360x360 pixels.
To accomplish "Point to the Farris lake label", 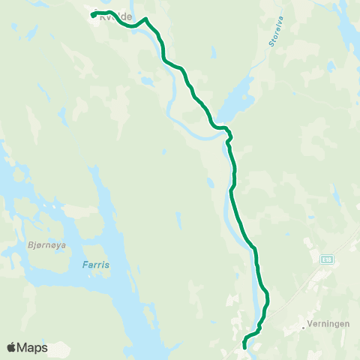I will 95,265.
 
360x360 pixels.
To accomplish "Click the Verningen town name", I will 327,326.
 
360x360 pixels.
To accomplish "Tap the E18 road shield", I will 325,259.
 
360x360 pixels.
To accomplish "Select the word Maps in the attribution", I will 32,348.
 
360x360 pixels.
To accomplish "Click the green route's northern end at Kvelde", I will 92,15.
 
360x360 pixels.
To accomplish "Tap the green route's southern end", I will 245,347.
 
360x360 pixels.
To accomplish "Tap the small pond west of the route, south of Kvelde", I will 143,79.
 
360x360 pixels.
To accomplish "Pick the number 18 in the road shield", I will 327,259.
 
